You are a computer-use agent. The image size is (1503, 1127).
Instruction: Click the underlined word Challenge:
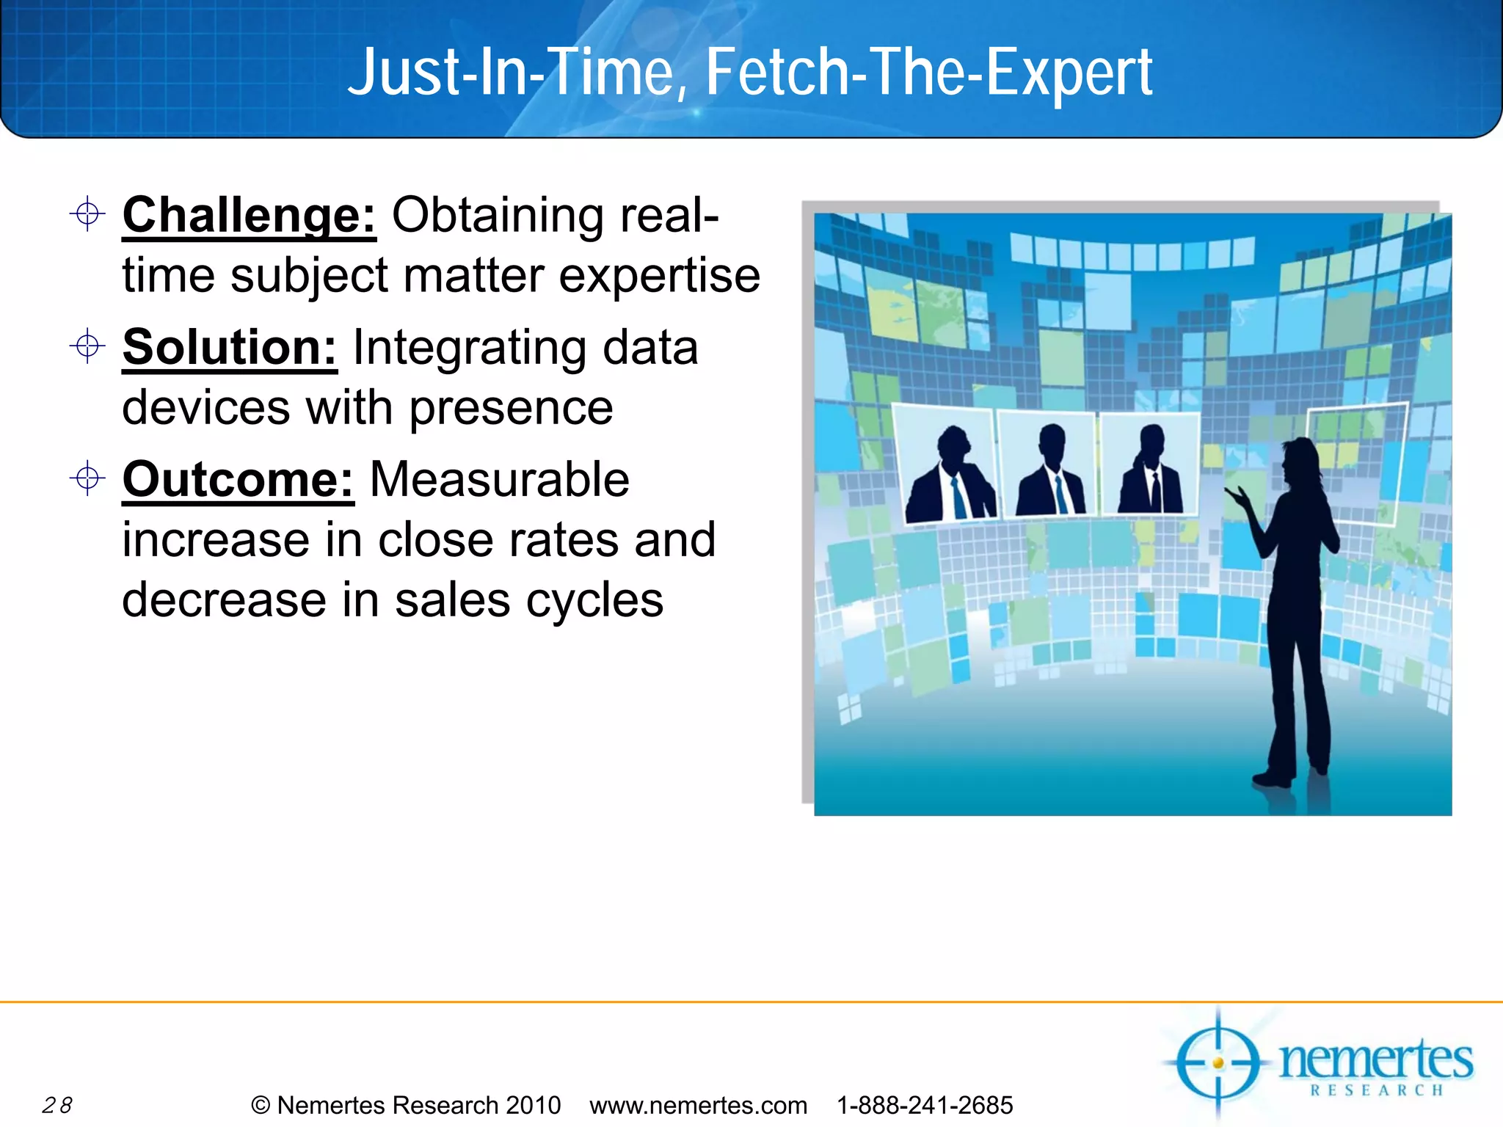tap(249, 216)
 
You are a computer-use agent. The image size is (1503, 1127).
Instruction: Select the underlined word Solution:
tap(229, 347)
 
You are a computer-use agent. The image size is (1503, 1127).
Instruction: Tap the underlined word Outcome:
tap(238, 479)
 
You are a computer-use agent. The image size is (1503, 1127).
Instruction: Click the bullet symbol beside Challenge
tap(87, 214)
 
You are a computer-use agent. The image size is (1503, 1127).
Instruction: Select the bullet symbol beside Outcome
tap(87, 478)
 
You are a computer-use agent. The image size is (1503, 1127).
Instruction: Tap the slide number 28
tap(57, 1105)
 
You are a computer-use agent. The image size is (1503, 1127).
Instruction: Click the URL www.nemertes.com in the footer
tap(698, 1105)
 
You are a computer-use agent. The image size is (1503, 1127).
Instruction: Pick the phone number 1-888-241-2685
tap(925, 1105)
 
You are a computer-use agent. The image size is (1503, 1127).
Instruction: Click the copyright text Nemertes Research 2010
tap(418, 1105)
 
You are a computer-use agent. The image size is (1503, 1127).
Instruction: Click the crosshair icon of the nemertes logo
tap(1218, 1062)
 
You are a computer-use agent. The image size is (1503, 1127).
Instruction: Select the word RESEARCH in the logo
tap(1377, 1091)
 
